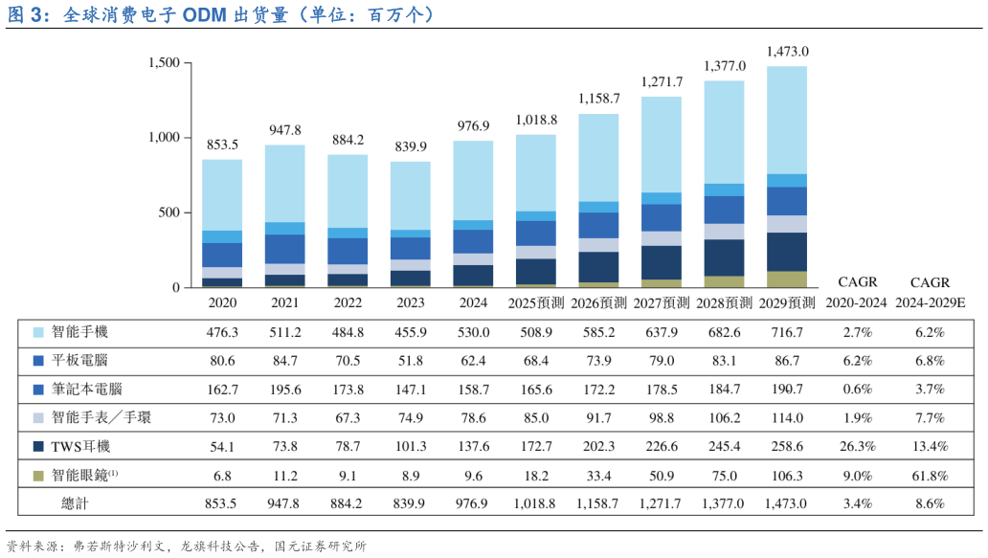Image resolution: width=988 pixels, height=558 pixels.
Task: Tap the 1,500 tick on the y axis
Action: click(x=164, y=63)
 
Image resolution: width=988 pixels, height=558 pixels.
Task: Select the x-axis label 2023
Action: click(x=410, y=302)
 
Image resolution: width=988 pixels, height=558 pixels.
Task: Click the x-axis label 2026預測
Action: click(x=599, y=302)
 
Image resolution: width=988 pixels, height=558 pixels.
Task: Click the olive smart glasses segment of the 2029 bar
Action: click(x=787, y=279)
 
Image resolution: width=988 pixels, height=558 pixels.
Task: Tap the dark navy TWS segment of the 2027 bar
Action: click(x=662, y=262)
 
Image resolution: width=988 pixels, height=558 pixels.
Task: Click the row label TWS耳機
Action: click(x=81, y=447)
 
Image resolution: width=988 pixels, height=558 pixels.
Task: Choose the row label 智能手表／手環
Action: click(x=101, y=418)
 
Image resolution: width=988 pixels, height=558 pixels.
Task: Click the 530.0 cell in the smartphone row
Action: click(x=473, y=332)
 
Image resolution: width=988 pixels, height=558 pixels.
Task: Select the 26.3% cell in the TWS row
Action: click(x=857, y=447)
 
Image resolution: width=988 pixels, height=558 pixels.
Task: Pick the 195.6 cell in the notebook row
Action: click(x=284, y=390)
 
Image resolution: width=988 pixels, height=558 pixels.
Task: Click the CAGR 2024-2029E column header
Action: click(x=930, y=292)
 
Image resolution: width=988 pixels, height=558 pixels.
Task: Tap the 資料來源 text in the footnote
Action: click(x=32, y=547)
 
